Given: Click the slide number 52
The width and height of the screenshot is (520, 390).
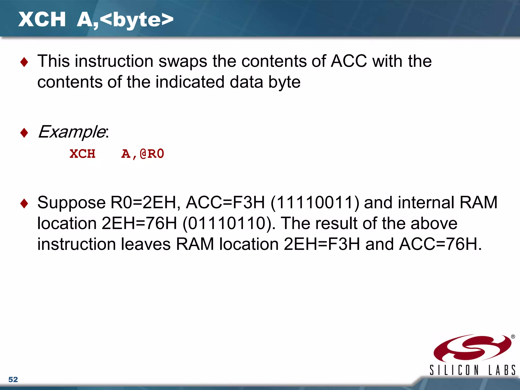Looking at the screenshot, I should (13, 379).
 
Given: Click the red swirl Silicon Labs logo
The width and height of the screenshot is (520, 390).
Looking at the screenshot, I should (472, 348).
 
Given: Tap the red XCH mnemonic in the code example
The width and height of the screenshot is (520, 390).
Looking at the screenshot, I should (83, 154).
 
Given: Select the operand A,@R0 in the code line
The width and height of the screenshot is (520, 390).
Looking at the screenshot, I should (143, 154).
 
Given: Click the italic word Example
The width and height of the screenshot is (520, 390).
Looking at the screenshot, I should (71, 132).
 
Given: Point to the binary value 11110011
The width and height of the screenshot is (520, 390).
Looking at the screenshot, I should (315, 203).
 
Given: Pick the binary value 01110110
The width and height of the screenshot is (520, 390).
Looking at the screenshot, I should (227, 223).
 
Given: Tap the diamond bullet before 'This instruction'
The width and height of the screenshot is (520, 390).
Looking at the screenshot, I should (24, 62).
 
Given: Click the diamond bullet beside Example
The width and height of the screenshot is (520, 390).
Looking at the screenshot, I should (24, 133).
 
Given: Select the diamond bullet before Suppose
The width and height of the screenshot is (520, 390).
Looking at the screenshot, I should (24, 203).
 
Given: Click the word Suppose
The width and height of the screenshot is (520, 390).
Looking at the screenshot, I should (71, 203).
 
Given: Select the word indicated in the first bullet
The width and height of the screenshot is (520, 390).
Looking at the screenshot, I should (190, 82).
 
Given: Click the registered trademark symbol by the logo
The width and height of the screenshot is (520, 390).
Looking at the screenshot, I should (513, 337).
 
